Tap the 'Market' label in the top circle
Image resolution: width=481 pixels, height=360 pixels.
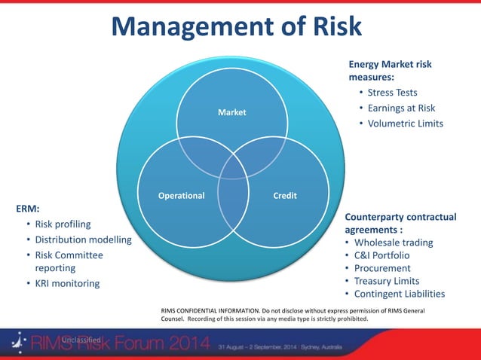[x=231, y=113]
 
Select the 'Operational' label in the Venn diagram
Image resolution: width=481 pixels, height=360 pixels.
[x=181, y=196]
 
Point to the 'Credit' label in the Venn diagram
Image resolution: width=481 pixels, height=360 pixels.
[x=284, y=196]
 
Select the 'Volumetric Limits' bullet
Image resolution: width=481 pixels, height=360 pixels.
[x=406, y=124]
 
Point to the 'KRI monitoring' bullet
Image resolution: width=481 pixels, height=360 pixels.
[x=67, y=283]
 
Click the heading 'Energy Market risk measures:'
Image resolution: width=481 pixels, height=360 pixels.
[x=390, y=71]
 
